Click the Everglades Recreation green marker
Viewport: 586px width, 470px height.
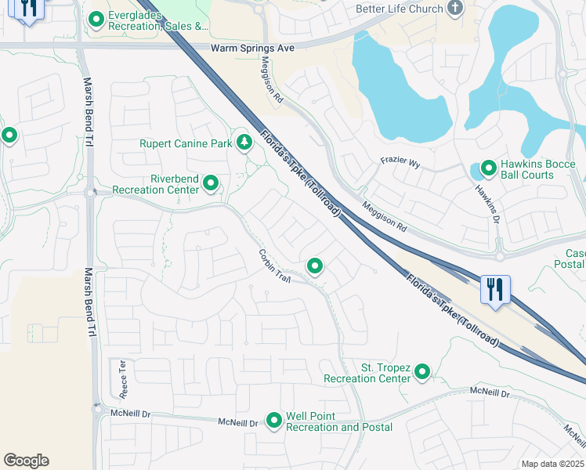(96, 20)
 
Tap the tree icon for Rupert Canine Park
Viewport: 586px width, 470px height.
(244, 142)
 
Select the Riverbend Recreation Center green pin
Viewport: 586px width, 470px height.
(211, 183)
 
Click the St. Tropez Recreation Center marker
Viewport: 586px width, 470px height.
(422, 371)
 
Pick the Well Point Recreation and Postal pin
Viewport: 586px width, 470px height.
(274, 421)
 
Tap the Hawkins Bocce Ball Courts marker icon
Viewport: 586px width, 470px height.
(488, 168)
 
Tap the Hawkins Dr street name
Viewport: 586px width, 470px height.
(486, 201)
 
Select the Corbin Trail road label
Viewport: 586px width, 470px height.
(274, 266)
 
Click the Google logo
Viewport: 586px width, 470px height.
(26, 461)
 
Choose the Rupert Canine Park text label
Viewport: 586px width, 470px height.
(186, 143)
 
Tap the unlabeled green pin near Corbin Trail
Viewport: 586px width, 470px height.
(315, 266)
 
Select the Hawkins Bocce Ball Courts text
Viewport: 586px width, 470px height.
(539, 169)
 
